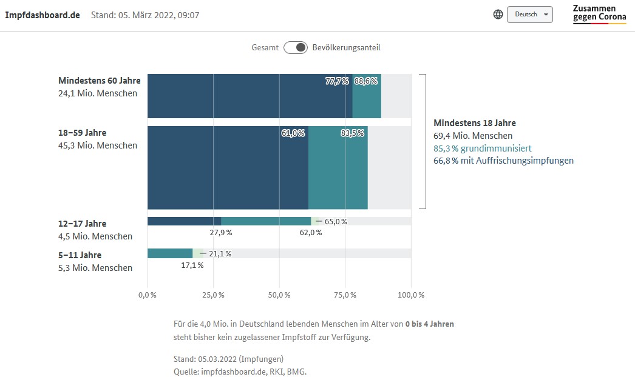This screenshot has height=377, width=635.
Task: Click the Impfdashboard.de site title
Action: click(x=42, y=15)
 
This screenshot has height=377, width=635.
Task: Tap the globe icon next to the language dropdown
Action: click(x=498, y=15)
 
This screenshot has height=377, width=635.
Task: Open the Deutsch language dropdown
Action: click(x=529, y=15)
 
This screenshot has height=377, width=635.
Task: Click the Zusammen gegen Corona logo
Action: click(x=599, y=13)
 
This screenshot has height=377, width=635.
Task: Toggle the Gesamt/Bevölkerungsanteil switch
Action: click(x=296, y=47)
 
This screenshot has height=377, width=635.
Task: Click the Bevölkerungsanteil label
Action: click(x=346, y=47)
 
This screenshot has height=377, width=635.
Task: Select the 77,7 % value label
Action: click(x=337, y=81)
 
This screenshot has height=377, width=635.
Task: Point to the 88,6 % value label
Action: click(x=366, y=81)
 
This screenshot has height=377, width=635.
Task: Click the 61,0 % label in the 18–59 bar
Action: click(x=293, y=133)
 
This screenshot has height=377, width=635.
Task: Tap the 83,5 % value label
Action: click(x=352, y=133)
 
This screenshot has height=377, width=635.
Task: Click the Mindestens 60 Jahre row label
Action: click(x=99, y=81)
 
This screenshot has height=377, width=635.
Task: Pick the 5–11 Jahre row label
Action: click(x=80, y=255)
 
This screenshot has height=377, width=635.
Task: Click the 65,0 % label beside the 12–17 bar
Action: click(x=336, y=221)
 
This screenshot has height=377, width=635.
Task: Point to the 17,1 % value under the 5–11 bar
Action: click(x=192, y=265)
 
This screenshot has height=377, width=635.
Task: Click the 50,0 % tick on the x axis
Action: click(x=279, y=295)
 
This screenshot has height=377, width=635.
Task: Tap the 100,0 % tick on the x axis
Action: click(x=411, y=295)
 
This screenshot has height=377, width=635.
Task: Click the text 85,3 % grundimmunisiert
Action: click(x=483, y=148)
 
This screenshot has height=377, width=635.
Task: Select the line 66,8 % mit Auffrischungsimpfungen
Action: click(x=503, y=161)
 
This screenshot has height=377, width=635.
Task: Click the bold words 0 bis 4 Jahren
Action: click(x=430, y=324)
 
